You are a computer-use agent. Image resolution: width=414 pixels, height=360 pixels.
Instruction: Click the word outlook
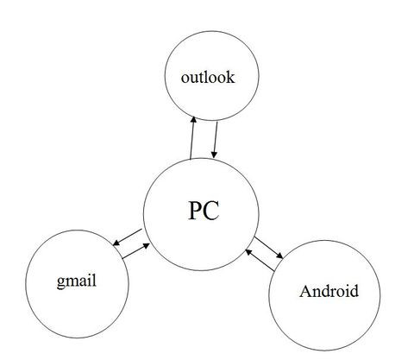(208, 78)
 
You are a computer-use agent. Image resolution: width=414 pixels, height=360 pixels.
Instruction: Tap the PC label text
(204, 211)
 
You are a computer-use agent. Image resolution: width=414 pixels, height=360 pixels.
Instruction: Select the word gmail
(77, 281)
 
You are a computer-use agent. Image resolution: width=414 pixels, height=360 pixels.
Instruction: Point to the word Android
(329, 291)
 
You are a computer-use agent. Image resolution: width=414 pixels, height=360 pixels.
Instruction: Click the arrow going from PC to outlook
(192, 137)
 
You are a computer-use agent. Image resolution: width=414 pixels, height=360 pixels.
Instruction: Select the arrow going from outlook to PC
(215, 140)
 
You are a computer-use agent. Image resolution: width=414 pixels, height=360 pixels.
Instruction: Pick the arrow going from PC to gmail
(128, 237)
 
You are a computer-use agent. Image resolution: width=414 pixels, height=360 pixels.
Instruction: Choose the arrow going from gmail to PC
(136, 251)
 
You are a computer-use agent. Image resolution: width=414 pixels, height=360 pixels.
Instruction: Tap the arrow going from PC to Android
(269, 248)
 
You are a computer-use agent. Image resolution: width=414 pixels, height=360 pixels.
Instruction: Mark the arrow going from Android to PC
(260, 260)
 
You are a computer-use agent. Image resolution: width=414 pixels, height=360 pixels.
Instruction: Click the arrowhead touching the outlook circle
(194, 119)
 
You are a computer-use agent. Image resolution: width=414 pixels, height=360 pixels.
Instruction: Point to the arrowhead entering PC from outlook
(214, 155)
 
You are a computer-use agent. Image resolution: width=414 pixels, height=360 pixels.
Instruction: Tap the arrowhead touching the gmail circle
(116, 243)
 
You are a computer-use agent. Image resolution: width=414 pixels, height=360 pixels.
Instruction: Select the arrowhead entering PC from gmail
(147, 246)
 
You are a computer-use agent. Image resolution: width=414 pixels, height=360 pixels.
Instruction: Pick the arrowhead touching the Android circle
(279, 256)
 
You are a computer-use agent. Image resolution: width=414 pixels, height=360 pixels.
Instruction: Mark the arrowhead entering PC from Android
(248, 252)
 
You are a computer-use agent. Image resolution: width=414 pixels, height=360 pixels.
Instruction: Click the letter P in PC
(195, 211)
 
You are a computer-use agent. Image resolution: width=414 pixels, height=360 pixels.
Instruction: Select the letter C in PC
(211, 211)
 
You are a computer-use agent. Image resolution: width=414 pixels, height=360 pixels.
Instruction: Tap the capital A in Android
(305, 291)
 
